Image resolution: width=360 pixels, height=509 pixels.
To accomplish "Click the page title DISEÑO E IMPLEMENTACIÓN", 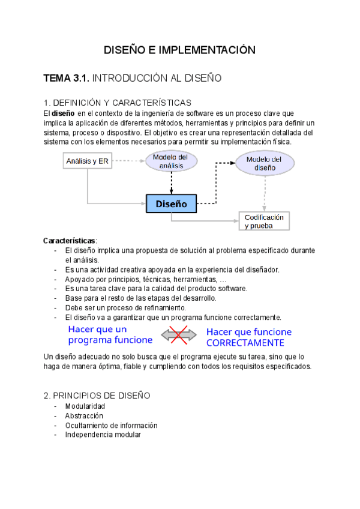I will click(179, 50).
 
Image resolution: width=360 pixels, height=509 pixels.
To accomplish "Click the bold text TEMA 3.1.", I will click(67, 78).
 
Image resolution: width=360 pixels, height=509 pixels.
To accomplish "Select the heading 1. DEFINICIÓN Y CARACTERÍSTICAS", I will click(118, 103).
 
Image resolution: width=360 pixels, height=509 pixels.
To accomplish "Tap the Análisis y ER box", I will click(88, 161).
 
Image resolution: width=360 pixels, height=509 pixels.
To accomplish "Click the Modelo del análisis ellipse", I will click(170, 161).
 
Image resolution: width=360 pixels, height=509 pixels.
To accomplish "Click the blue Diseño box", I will click(172, 203).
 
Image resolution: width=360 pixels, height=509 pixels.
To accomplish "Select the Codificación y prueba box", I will click(264, 221).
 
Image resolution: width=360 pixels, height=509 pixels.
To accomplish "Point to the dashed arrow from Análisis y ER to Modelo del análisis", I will click(128, 161).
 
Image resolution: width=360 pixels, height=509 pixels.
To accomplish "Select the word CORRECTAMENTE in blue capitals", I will click(245, 343).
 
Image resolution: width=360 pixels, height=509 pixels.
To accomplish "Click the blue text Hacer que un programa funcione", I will click(110, 334).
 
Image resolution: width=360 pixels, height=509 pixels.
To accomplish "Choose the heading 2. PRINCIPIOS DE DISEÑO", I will click(97, 396).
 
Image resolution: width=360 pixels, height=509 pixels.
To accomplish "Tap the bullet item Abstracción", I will click(84, 415).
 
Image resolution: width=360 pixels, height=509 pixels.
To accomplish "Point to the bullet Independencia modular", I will click(103, 435).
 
